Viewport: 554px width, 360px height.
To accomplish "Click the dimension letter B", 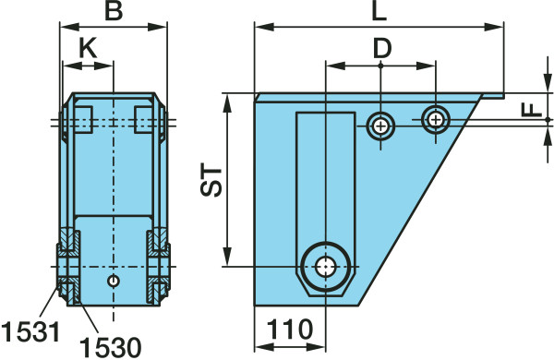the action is pyautogui.click(x=114, y=11).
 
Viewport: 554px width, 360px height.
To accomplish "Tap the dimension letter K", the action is pyautogui.click(x=88, y=48).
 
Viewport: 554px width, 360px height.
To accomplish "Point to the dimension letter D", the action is pyautogui.click(x=382, y=48).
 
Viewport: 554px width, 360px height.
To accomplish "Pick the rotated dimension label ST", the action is pyautogui.click(x=211, y=179).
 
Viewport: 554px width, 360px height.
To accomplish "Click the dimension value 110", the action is pyautogui.click(x=290, y=330).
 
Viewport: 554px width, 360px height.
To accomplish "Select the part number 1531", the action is pyautogui.click(x=30, y=331).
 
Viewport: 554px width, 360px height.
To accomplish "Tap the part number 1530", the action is pyautogui.click(x=111, y=348).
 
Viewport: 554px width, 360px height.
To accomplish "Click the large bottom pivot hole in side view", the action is pyautogui.click(x=326, y=267).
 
